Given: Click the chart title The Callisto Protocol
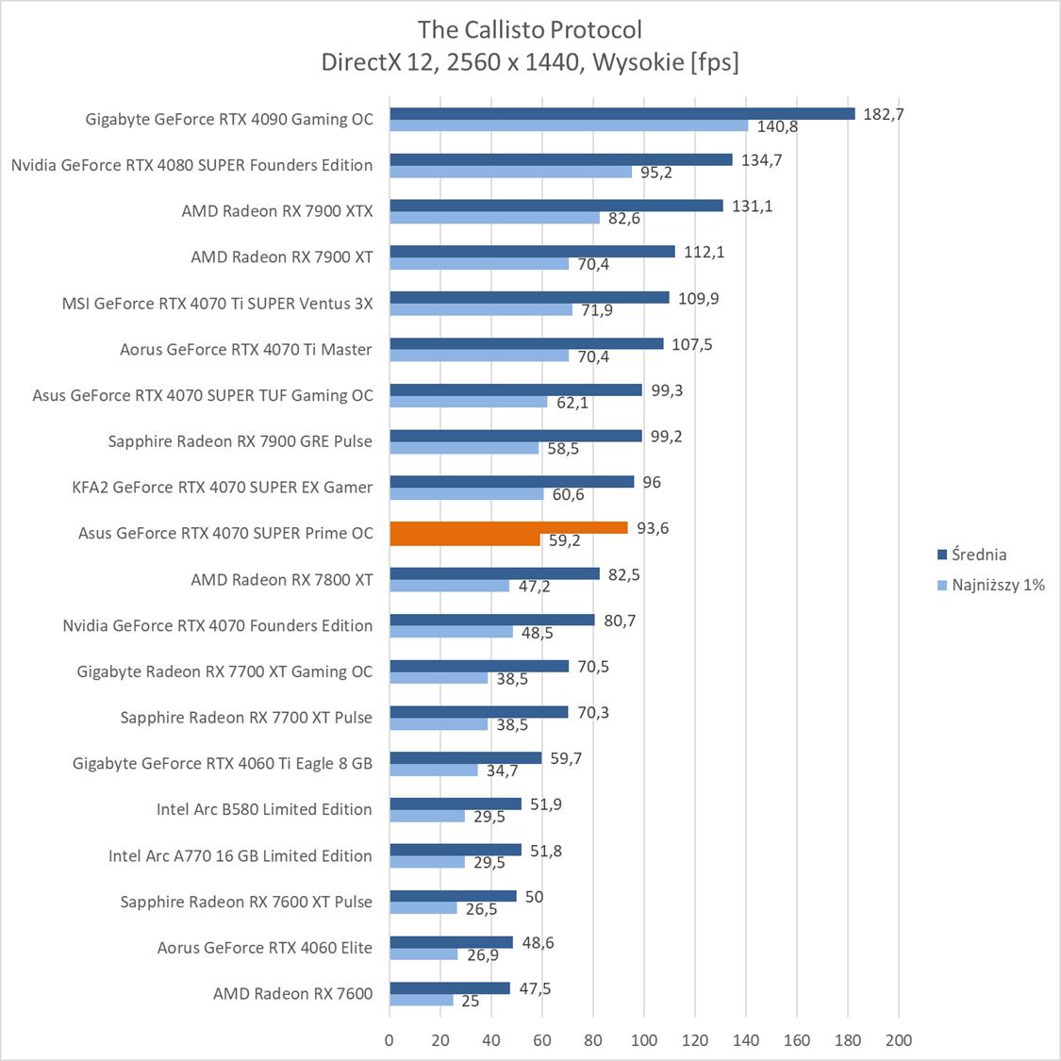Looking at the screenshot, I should tap(530, 29).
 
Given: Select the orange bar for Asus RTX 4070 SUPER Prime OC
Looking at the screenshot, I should tap(508, 528).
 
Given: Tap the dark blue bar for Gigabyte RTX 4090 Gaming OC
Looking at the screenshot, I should tap(622, 114).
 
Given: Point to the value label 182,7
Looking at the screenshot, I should tap(884, 114).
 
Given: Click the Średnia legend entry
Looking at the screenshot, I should tap(978, 555).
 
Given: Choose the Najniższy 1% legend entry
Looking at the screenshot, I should tap(998, 585).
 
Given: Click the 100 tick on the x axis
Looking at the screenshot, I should tap(644, 1040).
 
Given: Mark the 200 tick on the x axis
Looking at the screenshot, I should tap(899, 1040).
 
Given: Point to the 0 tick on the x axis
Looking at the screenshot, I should tap(390, 1040).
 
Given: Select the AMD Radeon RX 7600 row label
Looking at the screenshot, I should tap(292, 993).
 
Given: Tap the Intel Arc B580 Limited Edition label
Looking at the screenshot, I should tap(264, 809).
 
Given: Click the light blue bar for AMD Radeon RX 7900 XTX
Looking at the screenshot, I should tap(494, 218).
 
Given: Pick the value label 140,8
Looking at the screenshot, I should tap(777, 127).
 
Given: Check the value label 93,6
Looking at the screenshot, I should tap(653, 528).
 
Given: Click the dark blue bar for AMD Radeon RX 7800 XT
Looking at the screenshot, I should tap(494, 573).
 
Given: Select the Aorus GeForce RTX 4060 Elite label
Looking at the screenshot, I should tap(264, 948).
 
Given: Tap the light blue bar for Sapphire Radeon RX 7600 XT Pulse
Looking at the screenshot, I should tap(423, 908).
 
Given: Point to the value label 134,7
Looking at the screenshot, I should tap(762, 160).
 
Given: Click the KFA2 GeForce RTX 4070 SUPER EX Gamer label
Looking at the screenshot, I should tap(222, 487).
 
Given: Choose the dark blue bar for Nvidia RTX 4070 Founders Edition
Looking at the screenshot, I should tap(492, 620).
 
